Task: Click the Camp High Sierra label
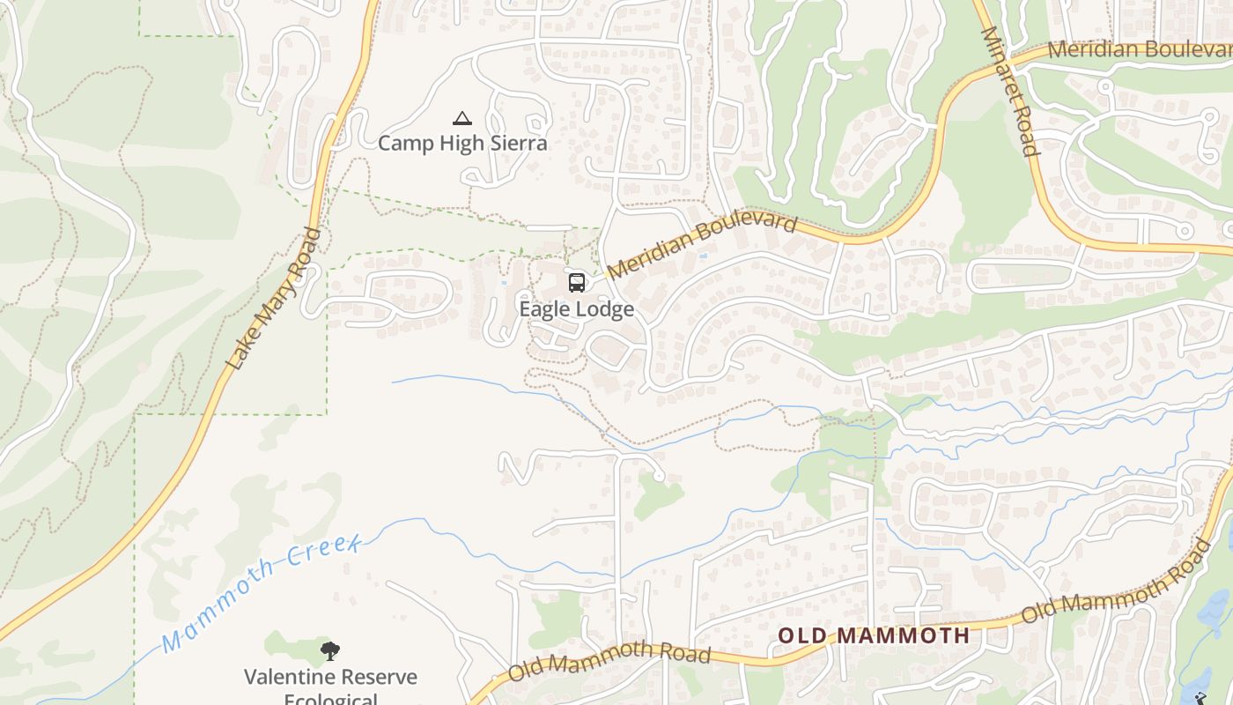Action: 462,143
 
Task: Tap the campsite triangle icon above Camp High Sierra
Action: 461,118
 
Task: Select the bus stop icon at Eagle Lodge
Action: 577,283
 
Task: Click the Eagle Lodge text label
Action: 577,309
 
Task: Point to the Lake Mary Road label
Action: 274,299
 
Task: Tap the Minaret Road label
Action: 1010,92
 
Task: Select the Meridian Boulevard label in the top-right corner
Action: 1139,49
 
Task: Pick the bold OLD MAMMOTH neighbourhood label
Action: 875,635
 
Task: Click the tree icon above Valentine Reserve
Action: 330,652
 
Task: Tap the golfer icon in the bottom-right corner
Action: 1200,698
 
